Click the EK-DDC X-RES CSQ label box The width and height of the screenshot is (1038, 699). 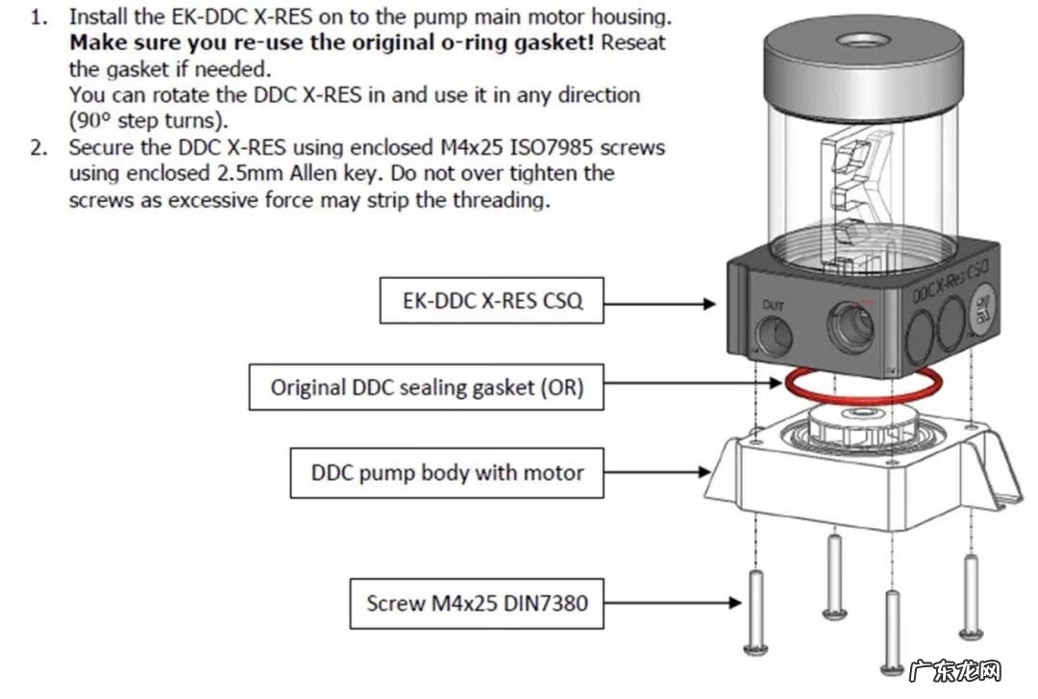tap(491, 301)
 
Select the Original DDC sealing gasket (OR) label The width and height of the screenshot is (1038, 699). tap(427, 387)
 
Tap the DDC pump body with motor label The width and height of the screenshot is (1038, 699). tap(447, 472)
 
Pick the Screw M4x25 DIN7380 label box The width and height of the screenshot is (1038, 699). tap(477, 603)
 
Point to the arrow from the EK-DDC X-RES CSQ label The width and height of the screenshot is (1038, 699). tap(659, 303)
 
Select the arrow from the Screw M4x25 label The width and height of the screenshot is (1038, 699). tap(674, 603)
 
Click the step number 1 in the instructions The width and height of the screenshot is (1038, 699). tap(37, 18)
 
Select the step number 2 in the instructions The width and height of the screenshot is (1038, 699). tap(37, 148)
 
